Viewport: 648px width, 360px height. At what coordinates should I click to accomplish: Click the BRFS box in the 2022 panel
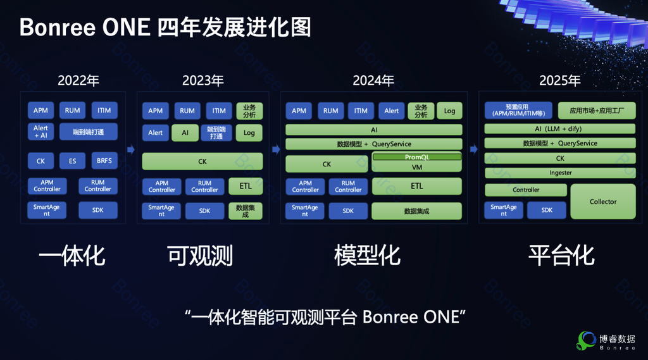click(x=104, y=161)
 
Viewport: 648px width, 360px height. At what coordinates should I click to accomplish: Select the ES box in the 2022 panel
click(x=72, y=161)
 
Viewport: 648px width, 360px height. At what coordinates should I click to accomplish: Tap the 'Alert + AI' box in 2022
click(x=40, y=132)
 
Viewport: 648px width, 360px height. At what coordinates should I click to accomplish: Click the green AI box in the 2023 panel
click(x=185, y=133)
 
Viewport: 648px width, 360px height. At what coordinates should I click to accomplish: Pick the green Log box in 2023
click(x=249, y=133)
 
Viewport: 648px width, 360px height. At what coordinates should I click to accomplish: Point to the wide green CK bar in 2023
click(x=202, y=161)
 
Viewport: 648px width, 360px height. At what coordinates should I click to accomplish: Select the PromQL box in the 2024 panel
click(x=417, y=157)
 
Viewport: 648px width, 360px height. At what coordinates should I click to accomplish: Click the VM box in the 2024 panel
click(x=417, y=167)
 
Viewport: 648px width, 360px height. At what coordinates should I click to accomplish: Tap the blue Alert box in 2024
click(x=391, y=111)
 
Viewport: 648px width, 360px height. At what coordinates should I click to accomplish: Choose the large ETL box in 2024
click(x=416, y=186)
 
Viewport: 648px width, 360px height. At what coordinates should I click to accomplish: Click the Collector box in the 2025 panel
click(x=603, y=202)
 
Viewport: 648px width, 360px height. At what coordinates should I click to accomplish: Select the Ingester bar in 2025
click(x=560, y=173)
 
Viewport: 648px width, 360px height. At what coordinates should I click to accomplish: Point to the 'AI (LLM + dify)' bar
click(x=560, y=129)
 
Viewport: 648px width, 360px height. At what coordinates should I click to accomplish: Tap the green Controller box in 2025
click(x=526, y=190)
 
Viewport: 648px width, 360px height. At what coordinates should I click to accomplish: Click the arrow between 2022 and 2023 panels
click(x=131, y=149)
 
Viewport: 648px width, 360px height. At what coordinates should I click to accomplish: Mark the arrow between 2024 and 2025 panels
click(x=473, y=149)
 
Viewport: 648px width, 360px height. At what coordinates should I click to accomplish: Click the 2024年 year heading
click(x=373, y=80)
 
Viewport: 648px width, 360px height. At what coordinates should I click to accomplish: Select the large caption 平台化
click(x=561, y=256)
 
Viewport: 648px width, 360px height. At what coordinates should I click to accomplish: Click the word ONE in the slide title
click(x=126, y=28)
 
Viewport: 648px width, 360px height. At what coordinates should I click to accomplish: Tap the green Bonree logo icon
click(x=586, y=340)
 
